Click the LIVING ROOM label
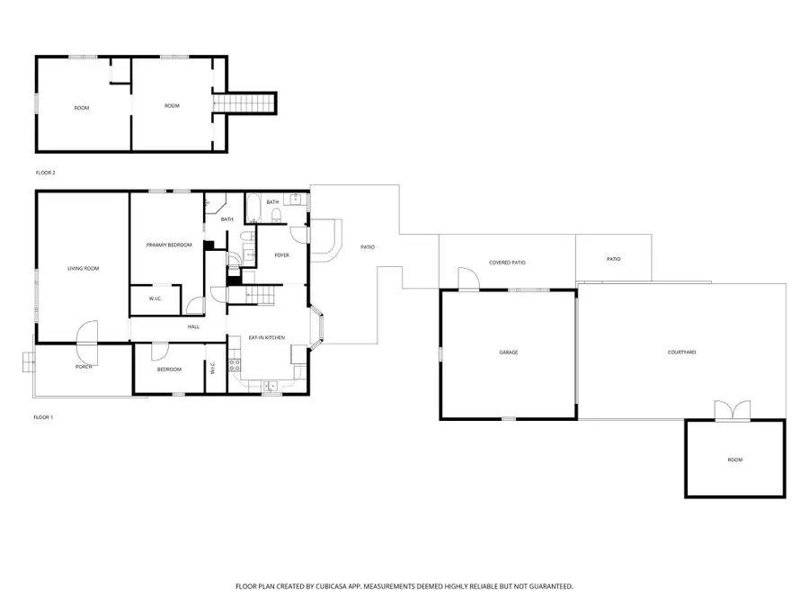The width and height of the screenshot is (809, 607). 83,268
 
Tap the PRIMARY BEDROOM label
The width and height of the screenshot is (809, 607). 169,245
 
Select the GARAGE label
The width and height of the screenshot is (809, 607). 508,353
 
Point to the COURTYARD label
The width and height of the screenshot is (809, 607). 681,352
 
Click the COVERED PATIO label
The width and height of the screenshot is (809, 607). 507,263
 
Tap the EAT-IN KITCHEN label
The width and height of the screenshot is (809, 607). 267,337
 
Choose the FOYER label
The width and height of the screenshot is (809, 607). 281,255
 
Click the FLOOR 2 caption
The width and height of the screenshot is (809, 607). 46,173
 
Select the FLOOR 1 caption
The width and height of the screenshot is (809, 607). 43,417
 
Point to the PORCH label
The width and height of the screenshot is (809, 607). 84,367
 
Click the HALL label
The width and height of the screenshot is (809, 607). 193,326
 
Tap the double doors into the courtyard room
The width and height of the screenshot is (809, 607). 732,411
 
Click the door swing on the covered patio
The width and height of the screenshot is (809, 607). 468,280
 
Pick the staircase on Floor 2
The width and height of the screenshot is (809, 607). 244,103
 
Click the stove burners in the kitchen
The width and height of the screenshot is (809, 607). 235,365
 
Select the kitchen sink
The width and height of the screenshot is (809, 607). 271,386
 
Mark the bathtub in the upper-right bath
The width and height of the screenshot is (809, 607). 253,209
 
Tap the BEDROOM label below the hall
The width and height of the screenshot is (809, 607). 169,370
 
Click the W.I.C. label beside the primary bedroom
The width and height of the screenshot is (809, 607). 156,299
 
